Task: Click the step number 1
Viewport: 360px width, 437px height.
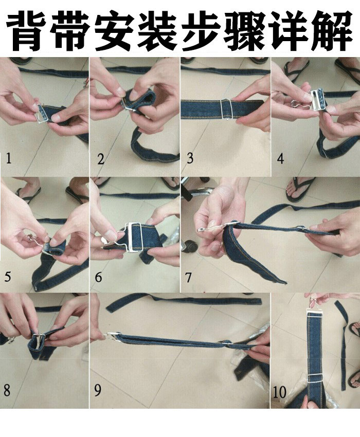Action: [8, 158]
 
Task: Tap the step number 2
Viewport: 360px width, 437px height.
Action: [101, 159]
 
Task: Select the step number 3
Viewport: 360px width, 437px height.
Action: [190, 158]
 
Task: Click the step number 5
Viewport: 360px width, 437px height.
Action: [8, 277]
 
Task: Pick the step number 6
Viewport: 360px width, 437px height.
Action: [98, 277]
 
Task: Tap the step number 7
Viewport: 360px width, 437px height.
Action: [188, 277]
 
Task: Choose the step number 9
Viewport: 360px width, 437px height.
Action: [98, 390]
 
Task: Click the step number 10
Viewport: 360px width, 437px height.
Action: [279, 392]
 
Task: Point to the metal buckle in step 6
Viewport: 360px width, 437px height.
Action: [133, 236]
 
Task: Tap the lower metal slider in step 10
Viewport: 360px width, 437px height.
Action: [316, 377]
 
